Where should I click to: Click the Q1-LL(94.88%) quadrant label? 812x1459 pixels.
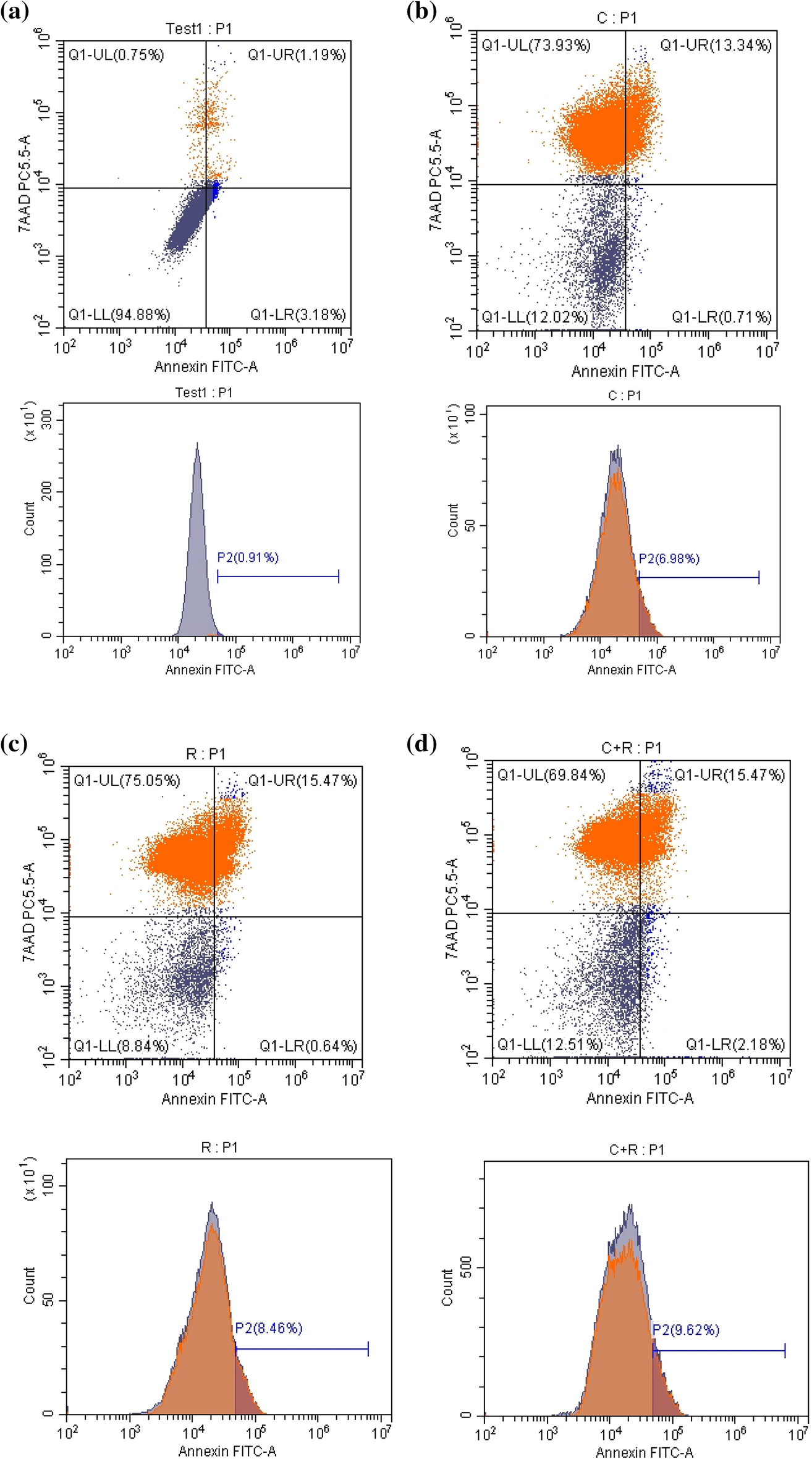[x=119, y=315]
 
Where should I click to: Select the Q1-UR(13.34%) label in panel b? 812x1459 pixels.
[x=716, y=45]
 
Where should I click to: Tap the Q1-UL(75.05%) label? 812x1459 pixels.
[x=127, y=780]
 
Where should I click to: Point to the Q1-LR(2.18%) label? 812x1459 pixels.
[x=735, y=1044]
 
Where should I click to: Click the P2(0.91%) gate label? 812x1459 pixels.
[x=248, y=558]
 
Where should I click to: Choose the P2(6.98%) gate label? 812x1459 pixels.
[x=669, y=559]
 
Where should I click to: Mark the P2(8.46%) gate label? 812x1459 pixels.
[x=269, y=1328]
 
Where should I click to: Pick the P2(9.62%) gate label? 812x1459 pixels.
[x=686, y=1330]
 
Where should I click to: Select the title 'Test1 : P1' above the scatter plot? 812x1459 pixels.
[x=199, y=29]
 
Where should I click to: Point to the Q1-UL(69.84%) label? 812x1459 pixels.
[x=551, y=775]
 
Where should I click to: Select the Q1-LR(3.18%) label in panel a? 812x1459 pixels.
[x=298, y=315]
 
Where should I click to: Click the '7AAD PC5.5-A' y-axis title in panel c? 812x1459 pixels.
[x=28, y=913]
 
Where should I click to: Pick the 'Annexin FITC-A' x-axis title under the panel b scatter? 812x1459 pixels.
[x=625, y=371]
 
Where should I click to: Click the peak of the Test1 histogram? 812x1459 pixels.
[x=197, y=443]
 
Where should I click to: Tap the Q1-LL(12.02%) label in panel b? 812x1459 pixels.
[x=535, y=318]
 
